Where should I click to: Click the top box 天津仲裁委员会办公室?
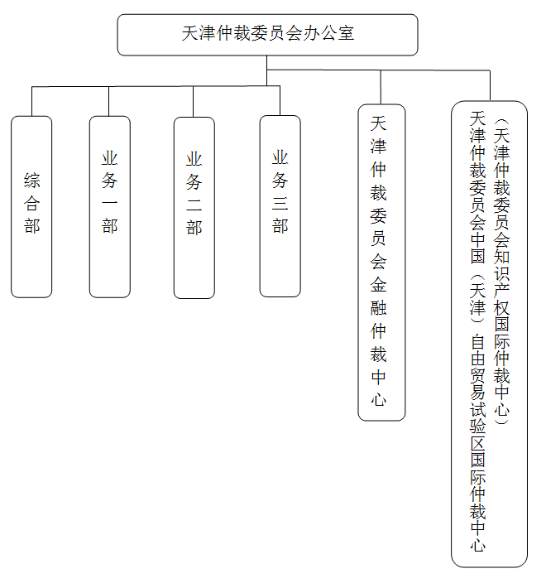[267, 35]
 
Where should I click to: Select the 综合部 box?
[31, 206]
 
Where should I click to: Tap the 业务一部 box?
[110, 206]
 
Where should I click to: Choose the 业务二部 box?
[194, 207]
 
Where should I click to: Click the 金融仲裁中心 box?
[381, 262]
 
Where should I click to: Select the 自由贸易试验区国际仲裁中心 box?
[489, 334]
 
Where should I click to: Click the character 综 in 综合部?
[32, 181]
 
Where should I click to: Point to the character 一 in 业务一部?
[110, 204]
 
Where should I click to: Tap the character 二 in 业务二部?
[194, 205]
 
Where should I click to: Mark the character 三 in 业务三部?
[280, 203]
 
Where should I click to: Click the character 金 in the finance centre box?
[379, 287]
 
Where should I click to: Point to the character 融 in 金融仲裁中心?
[379, 310]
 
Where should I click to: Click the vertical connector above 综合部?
[31, 101]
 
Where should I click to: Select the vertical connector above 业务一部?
[108, 101]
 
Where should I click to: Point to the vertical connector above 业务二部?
[194, 101]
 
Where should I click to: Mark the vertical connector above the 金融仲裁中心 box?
[381, 88]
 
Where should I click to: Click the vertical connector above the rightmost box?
[490, 86]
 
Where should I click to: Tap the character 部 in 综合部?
[32, 226]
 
